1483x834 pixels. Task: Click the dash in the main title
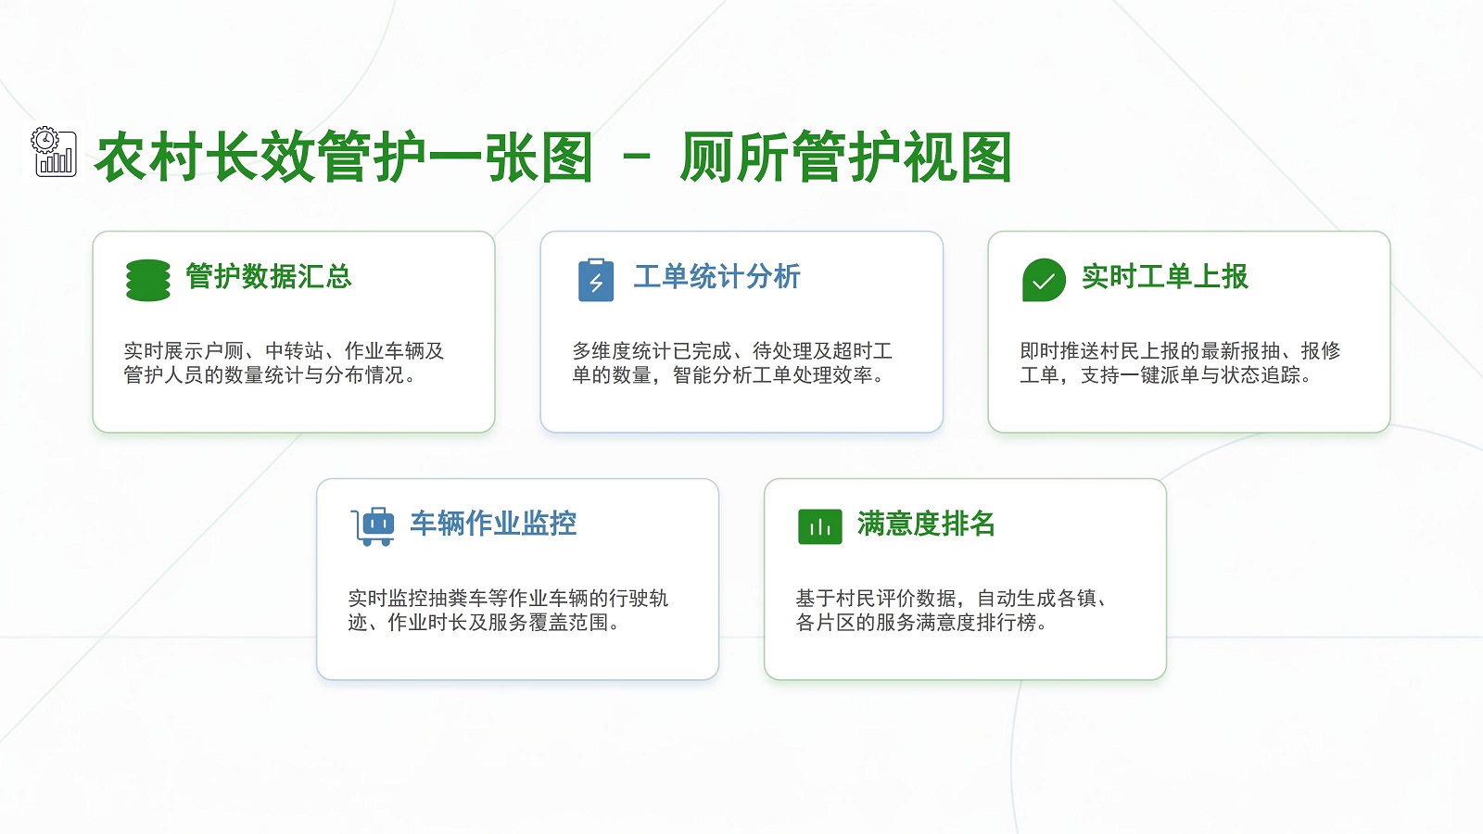click(x=637, y=158)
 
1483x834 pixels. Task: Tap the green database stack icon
click(x=147, y=280)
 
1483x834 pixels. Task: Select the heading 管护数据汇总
click(x=268, y=276)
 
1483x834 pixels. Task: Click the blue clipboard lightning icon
click(x=596, y=280)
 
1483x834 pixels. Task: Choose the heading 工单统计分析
click(x=717, y=276)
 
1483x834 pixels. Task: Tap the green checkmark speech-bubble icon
click(x=1044, y=280)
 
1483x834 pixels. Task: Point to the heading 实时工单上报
click(x=1164, y=276)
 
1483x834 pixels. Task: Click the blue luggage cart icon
click(x=373, y=527)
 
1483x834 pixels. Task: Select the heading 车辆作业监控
click(x=493, y=523)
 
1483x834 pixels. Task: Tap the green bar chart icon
click(x=819, y=527)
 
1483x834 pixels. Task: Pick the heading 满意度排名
click(x=926, y=523)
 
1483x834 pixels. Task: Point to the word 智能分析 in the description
click(x=713, y=375)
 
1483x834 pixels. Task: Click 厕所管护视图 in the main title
click(x=845, y=158)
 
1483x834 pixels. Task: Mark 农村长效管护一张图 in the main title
click(x=344, y=158)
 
